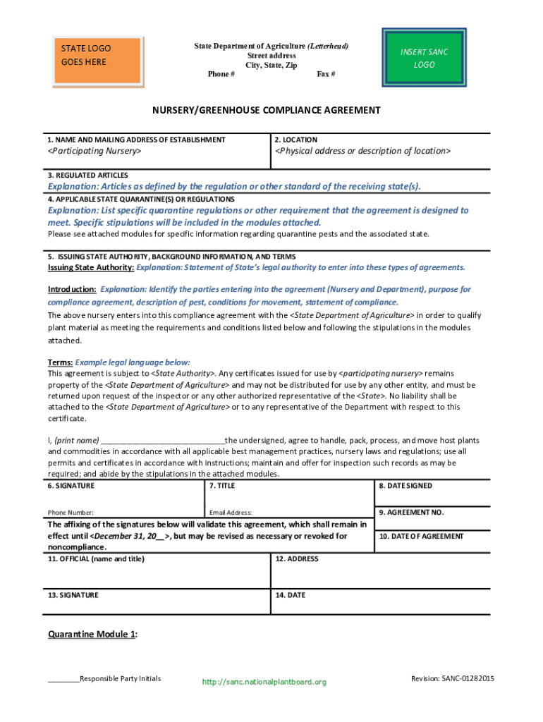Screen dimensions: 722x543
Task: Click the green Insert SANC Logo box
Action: tap(424, 58)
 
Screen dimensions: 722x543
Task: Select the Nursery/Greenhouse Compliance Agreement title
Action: tap(267, 111)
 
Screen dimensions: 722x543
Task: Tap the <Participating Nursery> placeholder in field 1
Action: tap(94, 151)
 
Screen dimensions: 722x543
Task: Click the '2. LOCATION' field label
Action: tap(296, 140)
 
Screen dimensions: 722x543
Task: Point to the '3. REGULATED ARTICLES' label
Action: tap(88, 175)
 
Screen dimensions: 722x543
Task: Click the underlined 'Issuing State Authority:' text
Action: tap(90, 267)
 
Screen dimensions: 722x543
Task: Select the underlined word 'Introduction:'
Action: tap(72, 289)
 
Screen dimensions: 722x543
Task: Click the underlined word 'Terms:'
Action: tap(60, 362)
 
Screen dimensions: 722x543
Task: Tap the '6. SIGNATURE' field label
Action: tap(71, 486)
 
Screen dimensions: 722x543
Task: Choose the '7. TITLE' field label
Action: tap(223, 486)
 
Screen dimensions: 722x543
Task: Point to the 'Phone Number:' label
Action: tap(71, 513)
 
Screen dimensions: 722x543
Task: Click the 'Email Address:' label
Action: tap(231, 513)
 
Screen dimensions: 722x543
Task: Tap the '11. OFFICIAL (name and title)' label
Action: tap(96, 559)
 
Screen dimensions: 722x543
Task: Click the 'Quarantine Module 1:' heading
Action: tap(92, 635)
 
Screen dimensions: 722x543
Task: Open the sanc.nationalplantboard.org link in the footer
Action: tap(264, 682)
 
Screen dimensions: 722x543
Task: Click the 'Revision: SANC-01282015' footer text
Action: tap(452, 678)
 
